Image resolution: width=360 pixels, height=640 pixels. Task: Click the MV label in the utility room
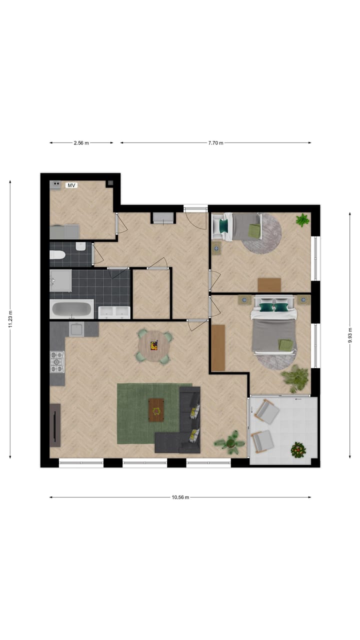71,185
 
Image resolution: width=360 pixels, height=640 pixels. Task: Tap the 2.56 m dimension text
81,143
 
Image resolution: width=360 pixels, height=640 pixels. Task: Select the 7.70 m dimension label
215,143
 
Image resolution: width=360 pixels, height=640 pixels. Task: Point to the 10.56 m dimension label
180,497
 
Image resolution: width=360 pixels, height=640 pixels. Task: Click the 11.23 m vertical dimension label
10,319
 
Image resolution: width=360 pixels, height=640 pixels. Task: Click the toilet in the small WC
57,255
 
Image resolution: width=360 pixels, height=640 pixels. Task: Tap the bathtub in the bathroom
72,309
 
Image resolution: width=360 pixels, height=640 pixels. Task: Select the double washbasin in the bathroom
114,312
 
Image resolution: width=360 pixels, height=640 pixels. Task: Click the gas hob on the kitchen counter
57,361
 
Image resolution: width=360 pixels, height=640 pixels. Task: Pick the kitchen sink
77,329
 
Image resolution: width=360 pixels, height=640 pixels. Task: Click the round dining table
154,344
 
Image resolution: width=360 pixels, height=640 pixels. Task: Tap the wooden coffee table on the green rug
157,410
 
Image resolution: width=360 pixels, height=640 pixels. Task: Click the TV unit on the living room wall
55,425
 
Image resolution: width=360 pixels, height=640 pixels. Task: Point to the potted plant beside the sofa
230,442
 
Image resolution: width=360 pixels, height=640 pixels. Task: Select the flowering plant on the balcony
298,450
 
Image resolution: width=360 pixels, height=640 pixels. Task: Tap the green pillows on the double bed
273,307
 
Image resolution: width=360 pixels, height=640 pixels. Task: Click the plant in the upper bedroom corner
302,220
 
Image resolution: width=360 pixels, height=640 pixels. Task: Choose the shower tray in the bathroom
60,280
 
